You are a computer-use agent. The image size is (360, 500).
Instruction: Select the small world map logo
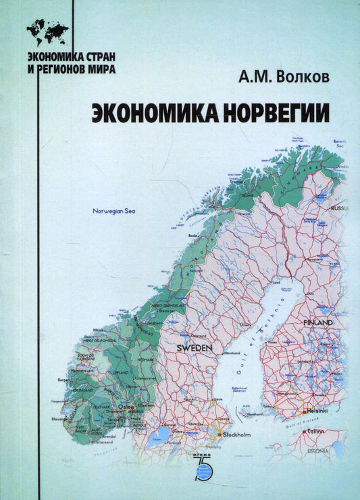tap(48, 31)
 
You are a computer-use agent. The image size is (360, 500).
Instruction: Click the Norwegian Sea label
tap(114, 212)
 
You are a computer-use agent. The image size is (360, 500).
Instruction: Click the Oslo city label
tap(126, 407)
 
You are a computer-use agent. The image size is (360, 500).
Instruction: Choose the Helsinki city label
tap(315, 409)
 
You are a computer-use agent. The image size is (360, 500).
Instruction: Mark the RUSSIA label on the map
tap(340, 209)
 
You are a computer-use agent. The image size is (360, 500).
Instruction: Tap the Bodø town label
tap(193, 235)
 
